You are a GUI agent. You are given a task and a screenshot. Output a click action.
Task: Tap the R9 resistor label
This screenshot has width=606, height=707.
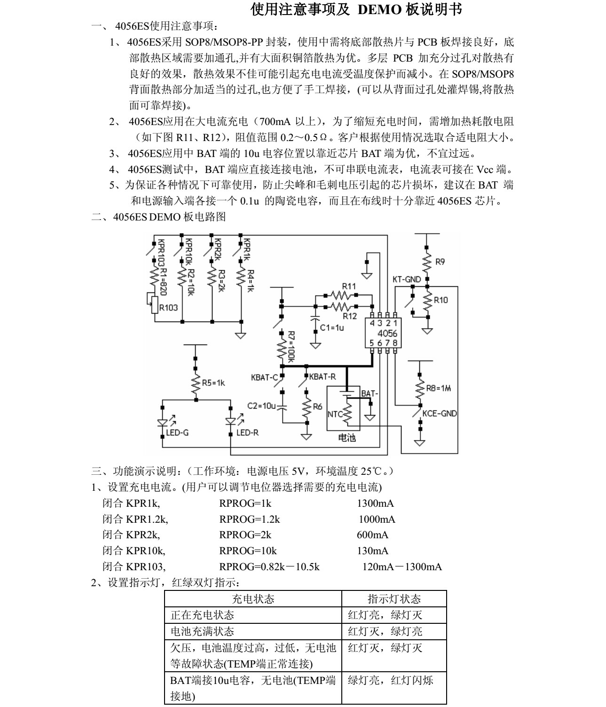click(440, 262)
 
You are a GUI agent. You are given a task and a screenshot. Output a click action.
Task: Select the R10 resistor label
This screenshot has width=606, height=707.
click(441, 300)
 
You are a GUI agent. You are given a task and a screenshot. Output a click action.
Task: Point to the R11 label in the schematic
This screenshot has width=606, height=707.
click(348, 286)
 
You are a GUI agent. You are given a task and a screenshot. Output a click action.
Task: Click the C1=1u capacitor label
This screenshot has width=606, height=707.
click(332, 327)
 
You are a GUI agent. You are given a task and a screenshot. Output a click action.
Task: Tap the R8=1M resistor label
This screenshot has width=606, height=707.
click(438, 388)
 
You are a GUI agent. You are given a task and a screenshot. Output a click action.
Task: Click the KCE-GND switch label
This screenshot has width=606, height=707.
click(439, 414)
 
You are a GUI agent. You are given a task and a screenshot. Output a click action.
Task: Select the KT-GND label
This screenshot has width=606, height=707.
click(406, 279)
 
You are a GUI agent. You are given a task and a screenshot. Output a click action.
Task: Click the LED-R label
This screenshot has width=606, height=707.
click(247, 432)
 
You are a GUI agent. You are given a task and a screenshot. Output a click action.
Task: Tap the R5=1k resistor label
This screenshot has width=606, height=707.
click(213, 383)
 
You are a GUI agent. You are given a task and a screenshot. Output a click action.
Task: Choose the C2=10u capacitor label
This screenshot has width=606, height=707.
click(261, 405)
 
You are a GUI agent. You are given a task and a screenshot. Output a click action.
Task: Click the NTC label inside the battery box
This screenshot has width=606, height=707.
click(335, 415)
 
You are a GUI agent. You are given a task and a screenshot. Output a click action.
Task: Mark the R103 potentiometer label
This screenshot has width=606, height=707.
click(168, 308)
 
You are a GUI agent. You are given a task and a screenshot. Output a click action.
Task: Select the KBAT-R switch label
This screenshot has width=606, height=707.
click(323, 376)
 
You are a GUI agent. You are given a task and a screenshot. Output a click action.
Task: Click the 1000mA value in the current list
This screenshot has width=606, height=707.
click(377, 519)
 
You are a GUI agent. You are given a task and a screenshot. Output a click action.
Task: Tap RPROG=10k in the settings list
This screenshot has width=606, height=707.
click(248, 551)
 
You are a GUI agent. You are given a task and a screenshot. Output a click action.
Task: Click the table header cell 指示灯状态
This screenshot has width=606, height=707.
click(394, 599)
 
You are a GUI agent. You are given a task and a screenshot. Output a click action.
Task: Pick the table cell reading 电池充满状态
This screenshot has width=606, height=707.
click(202, 631)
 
